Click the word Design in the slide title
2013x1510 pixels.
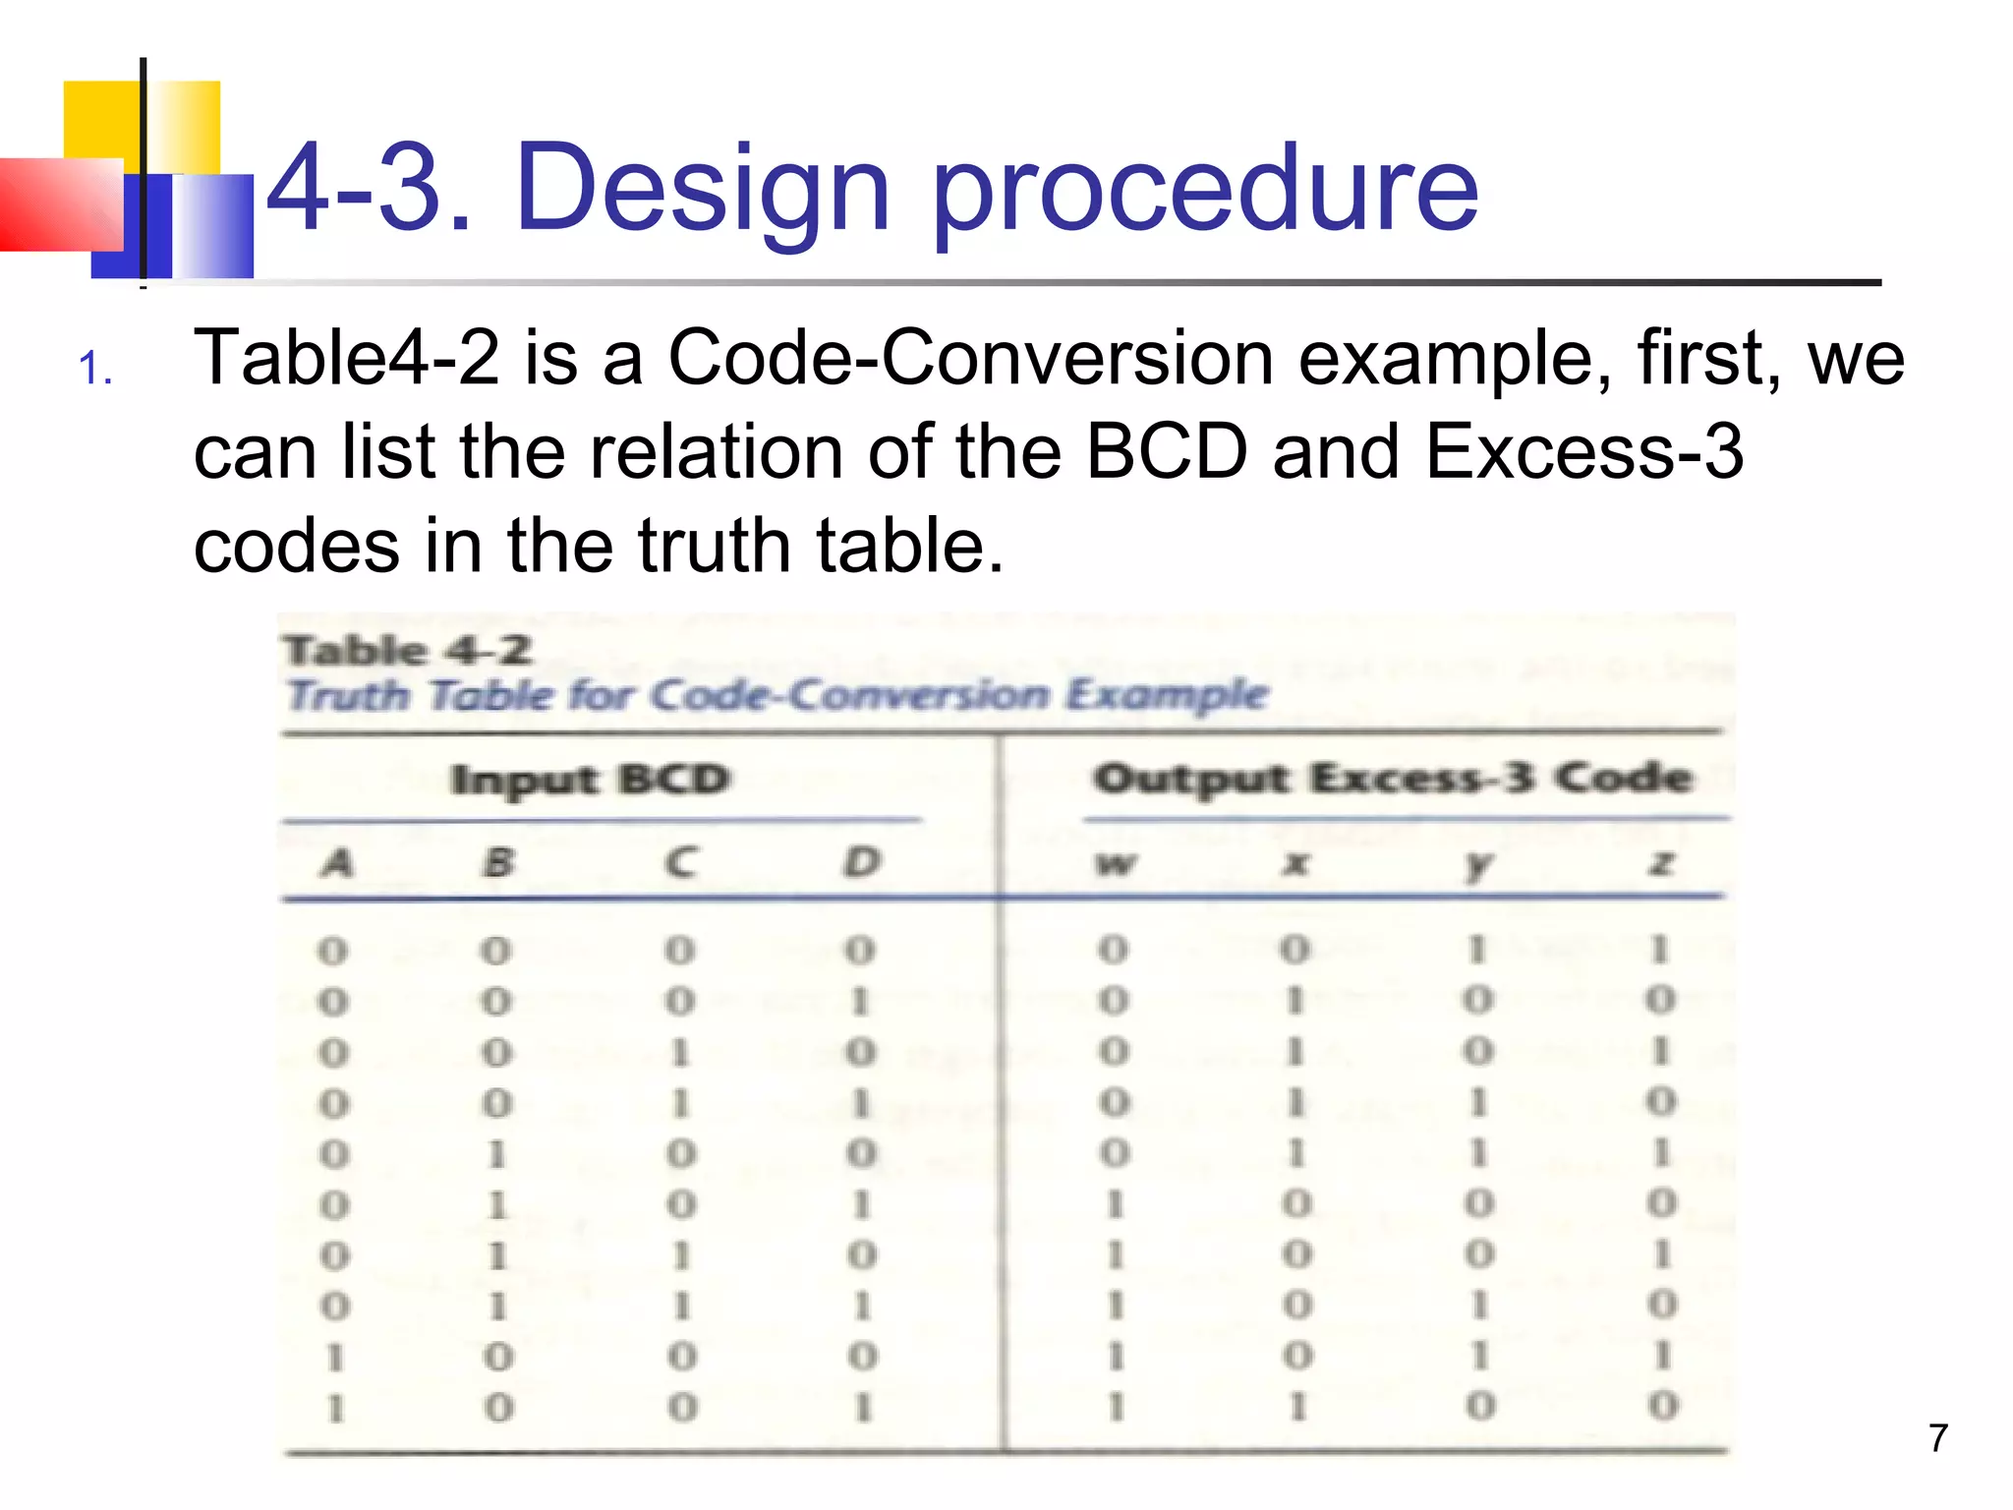pos(702,189)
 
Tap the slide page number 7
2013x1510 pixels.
pos(1937,1438)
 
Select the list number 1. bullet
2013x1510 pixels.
pos(95,369)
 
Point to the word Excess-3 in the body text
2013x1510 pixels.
pos(1583,452)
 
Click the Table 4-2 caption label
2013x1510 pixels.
pos(408,650)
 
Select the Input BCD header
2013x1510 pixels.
pos(590,780)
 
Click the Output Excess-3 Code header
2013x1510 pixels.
pos(1393,778)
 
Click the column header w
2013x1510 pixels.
pos(1116,864)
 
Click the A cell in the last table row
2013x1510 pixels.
pos(336,1408)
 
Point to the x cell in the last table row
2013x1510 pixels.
pos(1297,1407)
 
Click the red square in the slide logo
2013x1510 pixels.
pos(59,204)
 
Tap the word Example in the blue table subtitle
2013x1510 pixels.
pos(1168,694)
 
